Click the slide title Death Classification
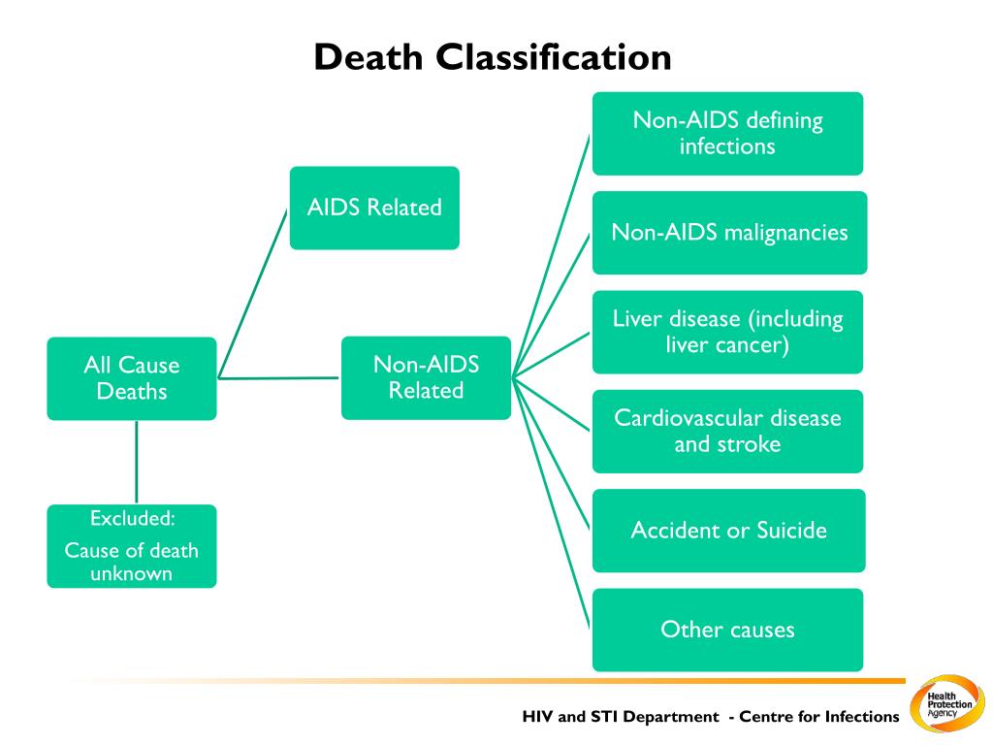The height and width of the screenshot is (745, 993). (x=493, y=57)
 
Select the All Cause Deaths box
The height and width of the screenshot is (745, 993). (x=132, y=378)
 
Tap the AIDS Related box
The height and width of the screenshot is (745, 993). (x=374, y=208)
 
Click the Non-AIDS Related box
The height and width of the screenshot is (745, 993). (x=426, y=377)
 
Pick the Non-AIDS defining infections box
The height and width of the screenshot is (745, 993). (x=727, y=134)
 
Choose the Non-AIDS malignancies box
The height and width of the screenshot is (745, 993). (x=729, y=233)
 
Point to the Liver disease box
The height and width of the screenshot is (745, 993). (x=727, y=332)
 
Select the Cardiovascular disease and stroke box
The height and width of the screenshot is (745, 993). (x=727, y=431)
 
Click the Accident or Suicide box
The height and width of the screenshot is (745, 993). (x=727, y=531)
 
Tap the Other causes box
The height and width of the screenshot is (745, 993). (x=727, y=630)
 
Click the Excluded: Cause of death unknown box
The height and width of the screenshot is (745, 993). (x=132, y=546)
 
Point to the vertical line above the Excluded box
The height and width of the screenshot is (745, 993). (x=136, y=462)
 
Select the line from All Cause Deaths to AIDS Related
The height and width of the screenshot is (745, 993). (x=253, y=292)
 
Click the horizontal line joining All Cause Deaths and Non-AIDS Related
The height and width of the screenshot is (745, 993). (x=279, y=377)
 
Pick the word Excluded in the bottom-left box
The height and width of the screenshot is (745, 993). (x=132, y=517)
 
